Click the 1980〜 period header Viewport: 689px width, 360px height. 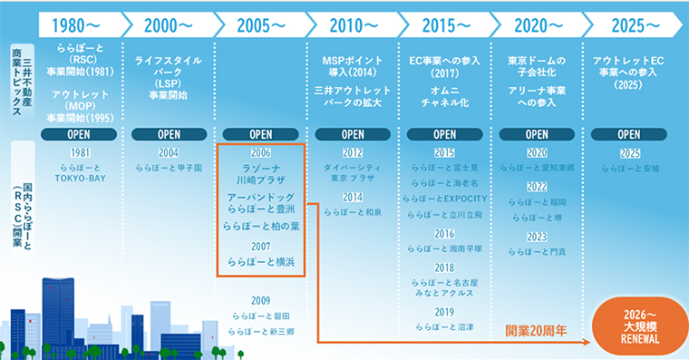76,24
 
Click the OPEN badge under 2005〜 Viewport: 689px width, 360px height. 261,134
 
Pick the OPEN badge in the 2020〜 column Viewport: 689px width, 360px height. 537,134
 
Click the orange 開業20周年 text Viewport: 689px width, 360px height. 536,331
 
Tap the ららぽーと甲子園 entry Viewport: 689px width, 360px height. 169,168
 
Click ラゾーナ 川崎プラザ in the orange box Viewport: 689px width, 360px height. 260,174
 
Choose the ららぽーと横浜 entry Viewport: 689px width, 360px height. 260,262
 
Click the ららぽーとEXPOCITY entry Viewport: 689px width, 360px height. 444,198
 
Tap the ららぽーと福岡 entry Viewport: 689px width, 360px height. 537,201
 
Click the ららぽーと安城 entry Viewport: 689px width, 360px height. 627,168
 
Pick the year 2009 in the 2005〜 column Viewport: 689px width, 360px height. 261,300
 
